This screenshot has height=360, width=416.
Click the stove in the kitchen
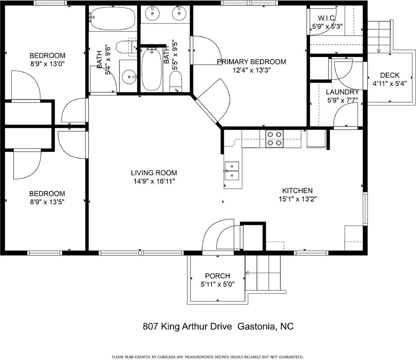(274, 138)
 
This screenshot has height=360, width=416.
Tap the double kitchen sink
(232, 171)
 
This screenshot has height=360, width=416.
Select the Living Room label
(154, 173)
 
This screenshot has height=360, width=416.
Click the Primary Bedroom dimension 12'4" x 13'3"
(251, 70)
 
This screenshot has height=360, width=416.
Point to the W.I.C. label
(327, 18)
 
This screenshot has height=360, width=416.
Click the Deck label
(389, 75)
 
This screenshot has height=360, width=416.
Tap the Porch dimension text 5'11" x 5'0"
(218, 284)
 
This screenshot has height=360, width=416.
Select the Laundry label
(342, 92)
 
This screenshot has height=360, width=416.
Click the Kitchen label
(297, 191)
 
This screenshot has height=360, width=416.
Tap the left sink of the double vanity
(153, 14)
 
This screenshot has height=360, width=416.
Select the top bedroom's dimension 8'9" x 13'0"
(47, 63)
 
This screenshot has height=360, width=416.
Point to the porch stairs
(263, 273)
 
